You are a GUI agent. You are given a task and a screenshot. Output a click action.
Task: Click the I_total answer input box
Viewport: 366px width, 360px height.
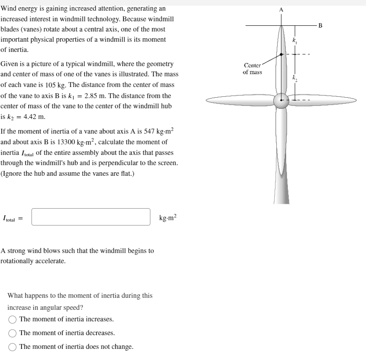[x=91, y=217]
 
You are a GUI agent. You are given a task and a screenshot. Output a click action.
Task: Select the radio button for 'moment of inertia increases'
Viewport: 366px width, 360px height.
[x=13, y=319]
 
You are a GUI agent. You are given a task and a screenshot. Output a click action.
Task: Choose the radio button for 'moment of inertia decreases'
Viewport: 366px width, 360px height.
[x=13, y=333]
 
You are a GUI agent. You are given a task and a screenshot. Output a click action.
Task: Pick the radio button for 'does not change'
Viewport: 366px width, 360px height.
[x=13, y=347]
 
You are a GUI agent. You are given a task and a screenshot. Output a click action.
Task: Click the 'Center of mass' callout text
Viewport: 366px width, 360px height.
[x=252, y=69]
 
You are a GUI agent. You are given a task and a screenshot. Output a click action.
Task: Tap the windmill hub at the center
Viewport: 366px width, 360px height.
[x=281, y=101]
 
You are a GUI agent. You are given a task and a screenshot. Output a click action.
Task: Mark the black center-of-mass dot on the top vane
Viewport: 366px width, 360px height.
[x=281, y=55]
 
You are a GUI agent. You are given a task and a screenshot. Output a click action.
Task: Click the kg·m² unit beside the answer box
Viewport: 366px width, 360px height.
[x=167, y=218]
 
